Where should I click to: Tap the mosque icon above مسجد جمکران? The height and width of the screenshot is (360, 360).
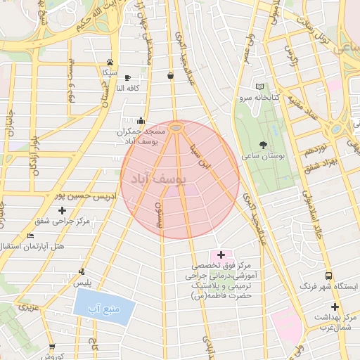tap(142, 120)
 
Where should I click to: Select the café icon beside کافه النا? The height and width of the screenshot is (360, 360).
tap(127, 77)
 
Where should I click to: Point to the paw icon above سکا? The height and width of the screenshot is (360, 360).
tap(110, 62)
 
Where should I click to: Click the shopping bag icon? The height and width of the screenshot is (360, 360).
tap(171, 75)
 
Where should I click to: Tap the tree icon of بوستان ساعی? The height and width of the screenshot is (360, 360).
tap(263, 144)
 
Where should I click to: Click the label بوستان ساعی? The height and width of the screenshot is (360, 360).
tap(262, 156)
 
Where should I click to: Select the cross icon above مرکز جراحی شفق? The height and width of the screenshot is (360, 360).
tap(63, 210)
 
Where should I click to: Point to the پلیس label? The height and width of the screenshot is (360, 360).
tap(84, 283)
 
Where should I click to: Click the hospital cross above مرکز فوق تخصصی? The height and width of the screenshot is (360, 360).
tap(221, 255)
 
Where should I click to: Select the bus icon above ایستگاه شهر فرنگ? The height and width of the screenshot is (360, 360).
tap(328, 276)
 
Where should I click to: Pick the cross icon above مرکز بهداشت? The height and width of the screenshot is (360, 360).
tap(335, 307)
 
